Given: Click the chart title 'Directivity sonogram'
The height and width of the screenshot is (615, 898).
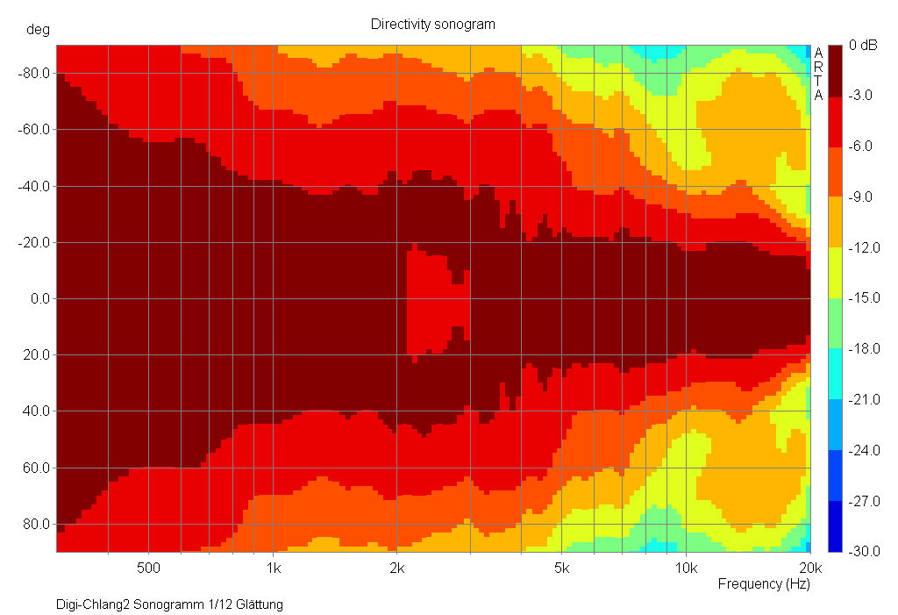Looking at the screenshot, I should [x=432, y=25].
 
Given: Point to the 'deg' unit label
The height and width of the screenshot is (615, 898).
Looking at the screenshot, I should [x=38, y=29].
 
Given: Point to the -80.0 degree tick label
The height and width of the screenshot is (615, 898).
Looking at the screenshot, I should [x=34, y=74].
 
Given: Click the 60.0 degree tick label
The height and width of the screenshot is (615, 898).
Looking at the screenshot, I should [x=37, y=468].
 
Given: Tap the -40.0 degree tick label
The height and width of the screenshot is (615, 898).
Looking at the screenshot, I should [x=34, y=186].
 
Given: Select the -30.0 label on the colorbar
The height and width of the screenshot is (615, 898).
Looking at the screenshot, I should [x=864, y=552].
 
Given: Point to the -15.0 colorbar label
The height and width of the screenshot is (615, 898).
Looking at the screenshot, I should [x=864, y=298].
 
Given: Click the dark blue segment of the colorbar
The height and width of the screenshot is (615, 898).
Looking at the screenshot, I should [x=834, y=526].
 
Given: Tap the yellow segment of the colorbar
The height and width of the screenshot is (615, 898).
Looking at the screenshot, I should [x=834, y=273].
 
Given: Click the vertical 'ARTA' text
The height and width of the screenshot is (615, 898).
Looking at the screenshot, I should [x=818, y=74].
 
